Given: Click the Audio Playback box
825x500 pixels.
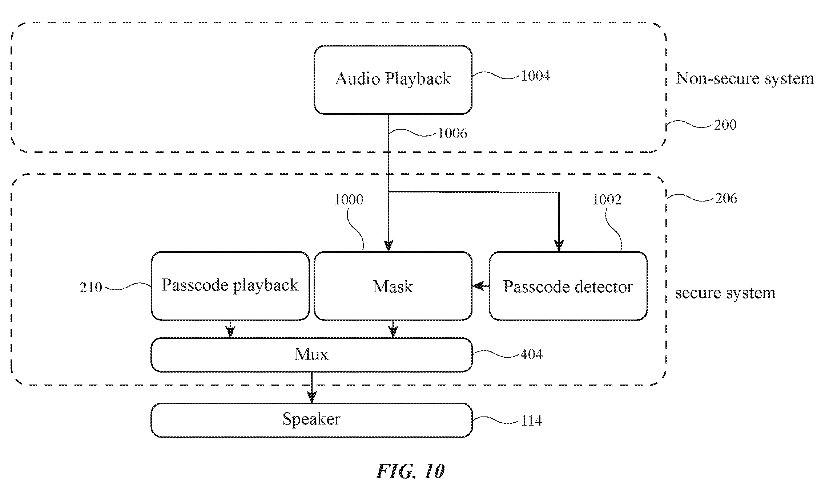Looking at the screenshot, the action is pos(393,80).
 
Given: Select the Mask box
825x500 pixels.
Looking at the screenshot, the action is pos(393,286).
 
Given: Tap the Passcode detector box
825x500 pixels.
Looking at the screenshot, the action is pos(568,286).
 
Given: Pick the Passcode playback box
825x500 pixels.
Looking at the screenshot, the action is pos(230,286).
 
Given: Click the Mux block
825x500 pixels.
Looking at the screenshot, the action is pos(311,355).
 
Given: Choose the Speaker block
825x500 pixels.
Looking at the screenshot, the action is pos(311,420).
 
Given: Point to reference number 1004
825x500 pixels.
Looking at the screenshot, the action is pos(536,76).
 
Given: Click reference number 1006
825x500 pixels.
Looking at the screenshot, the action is pos(452,133).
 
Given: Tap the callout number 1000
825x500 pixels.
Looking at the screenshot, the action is pos(349,199).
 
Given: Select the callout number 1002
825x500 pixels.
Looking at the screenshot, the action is pos(607,199).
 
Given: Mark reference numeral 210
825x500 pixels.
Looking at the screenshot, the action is pos(91,288).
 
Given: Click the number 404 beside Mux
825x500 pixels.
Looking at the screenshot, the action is pos(532,354).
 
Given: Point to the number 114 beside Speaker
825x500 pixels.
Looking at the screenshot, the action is pos(532,421).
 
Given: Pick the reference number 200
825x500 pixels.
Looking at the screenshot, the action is pos(725,125).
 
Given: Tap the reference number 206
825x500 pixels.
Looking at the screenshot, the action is pos(727,198).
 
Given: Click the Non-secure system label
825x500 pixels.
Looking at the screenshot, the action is pos(745,78).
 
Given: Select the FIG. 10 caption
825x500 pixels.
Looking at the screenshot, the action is pos(410,471).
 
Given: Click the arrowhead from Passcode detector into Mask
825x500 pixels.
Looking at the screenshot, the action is pos(478,286).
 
